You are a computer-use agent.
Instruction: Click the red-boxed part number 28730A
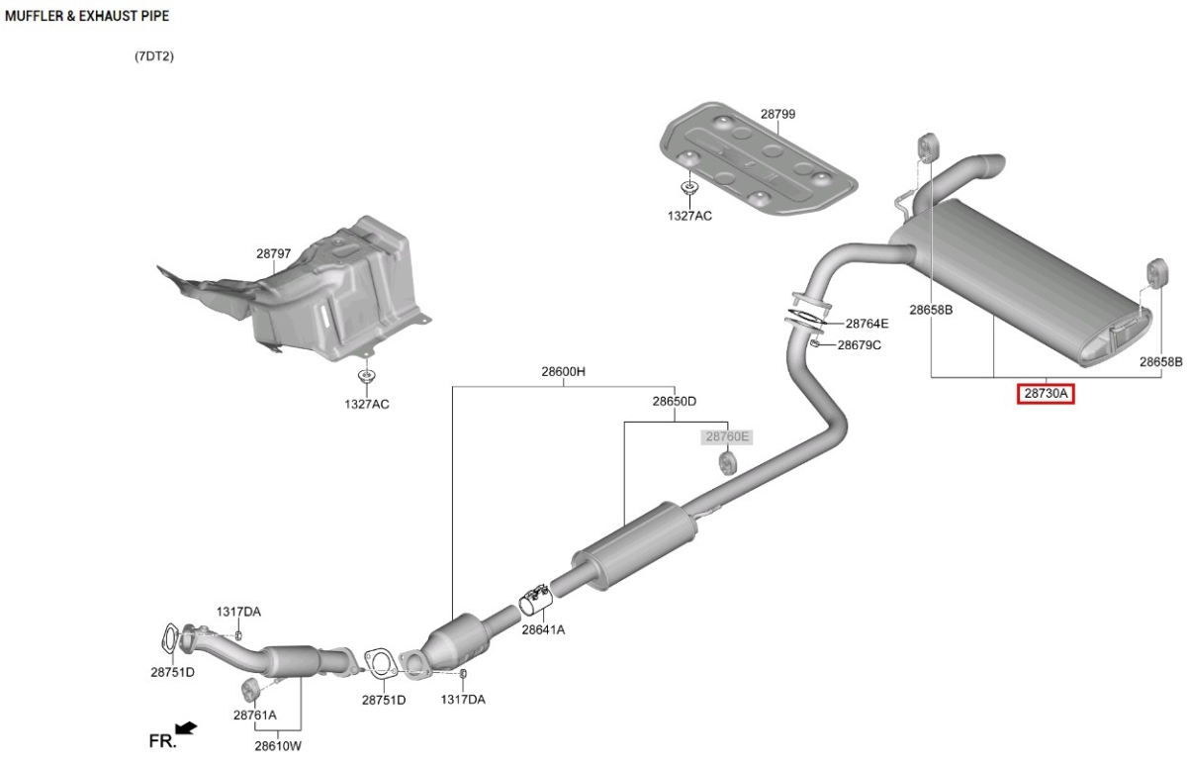click(x=1046, y=393)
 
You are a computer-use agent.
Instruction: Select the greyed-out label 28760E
click(x=727, y=436)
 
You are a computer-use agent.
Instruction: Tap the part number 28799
click(x=777, y=114)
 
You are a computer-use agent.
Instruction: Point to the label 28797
click(x=273, y=254)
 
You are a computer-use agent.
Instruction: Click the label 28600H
click(x=563, y=371)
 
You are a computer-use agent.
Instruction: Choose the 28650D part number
click(x=674, y=401)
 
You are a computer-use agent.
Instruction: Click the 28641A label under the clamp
click(x=543, y=629)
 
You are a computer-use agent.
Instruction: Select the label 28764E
click(x=867, y=324)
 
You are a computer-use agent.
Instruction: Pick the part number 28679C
click(x=859, y=345)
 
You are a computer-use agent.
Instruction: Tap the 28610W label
click(x=278, y=746)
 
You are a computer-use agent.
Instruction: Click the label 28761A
click(x=255, y=716)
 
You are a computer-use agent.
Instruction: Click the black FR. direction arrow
click(x=186, y=728)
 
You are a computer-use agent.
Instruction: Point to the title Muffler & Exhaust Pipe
click(x=87, y=16)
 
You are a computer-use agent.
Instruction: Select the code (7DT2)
click(x=154, y=56)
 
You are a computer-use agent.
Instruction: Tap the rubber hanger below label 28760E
click(x=727, y=463)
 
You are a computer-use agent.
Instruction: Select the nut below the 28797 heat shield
click(x=366, y=376)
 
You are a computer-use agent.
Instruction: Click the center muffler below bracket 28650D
click(x=634, y=546)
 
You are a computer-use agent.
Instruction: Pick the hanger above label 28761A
click(x=249, y=688)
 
